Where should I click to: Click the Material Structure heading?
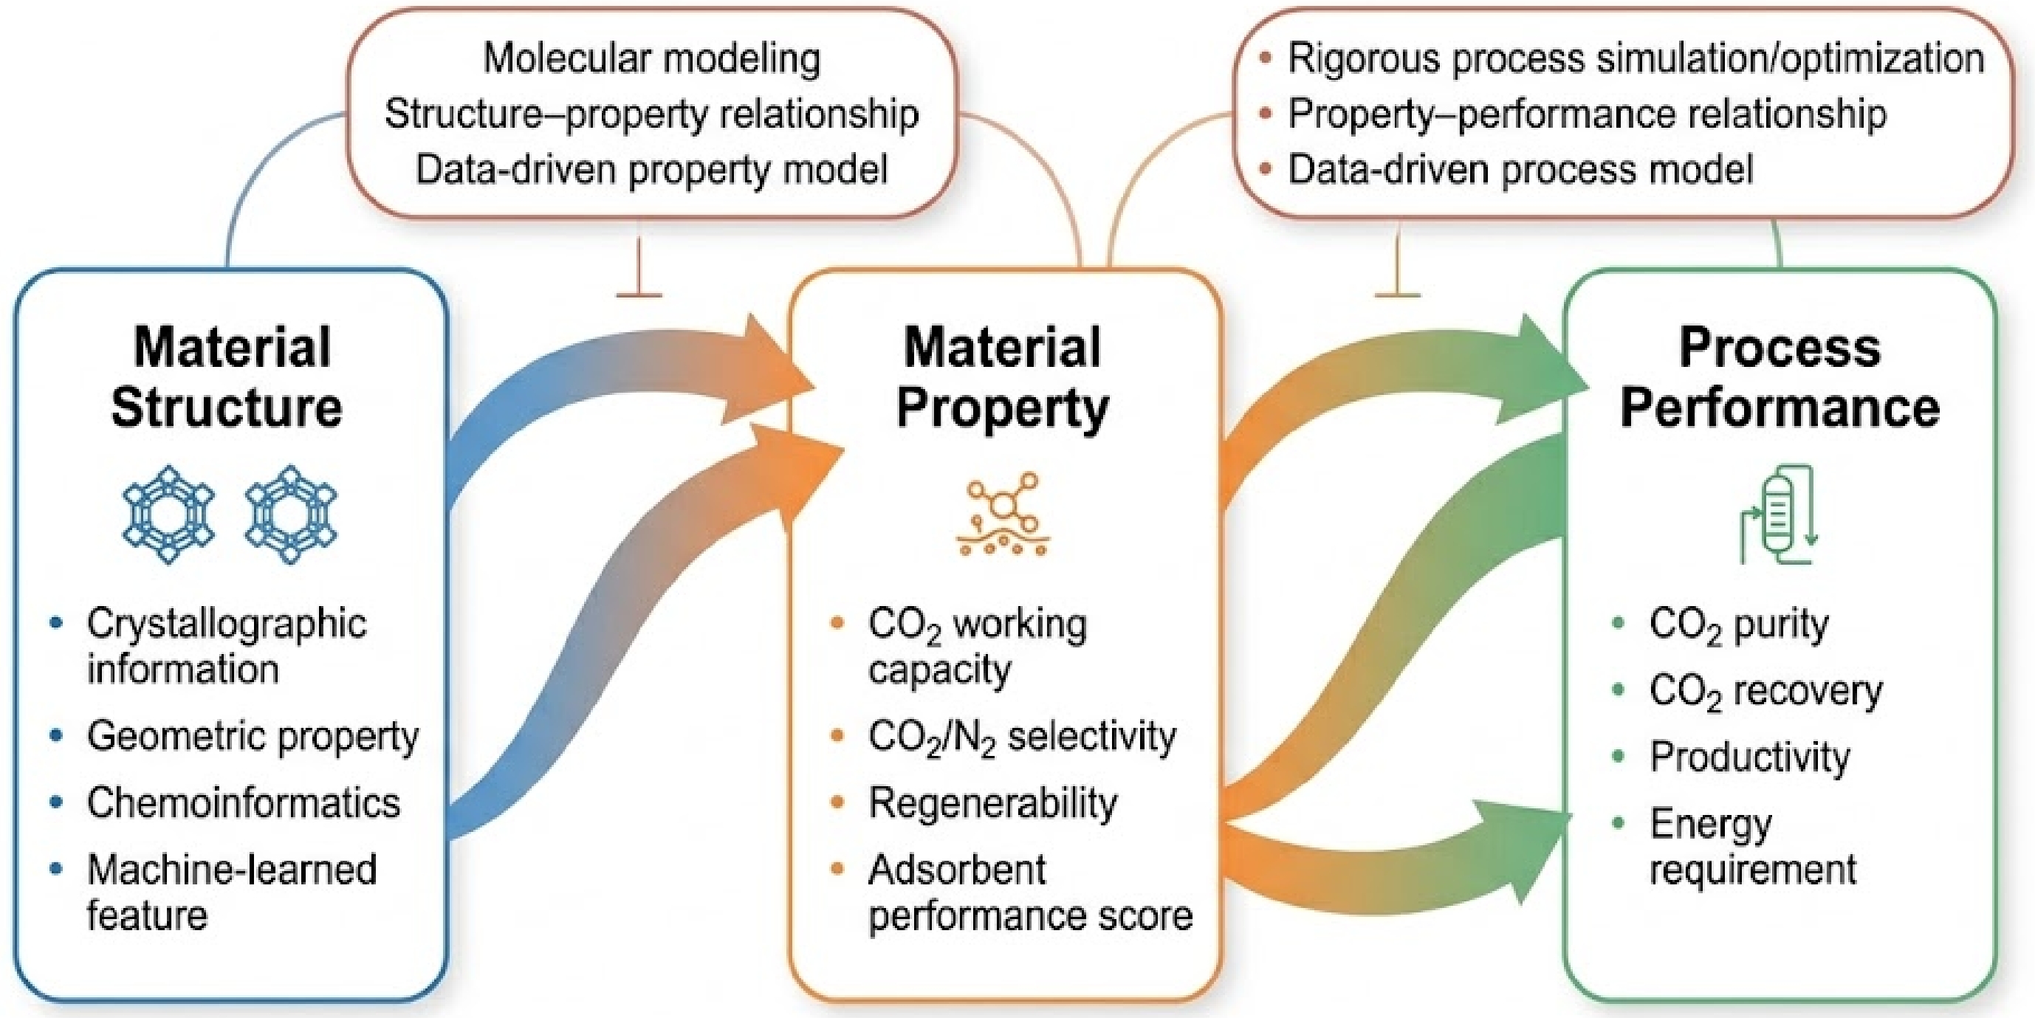point(227,377)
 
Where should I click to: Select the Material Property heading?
point(1003,377)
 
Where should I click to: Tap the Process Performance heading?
point(1780,377)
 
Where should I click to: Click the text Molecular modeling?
point(652,58)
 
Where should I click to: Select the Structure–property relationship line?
point(652,114)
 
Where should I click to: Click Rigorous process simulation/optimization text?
point(1636,58)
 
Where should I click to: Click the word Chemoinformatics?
point(244,802)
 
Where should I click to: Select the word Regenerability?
point(993,804)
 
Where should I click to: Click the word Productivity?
point(1750,757)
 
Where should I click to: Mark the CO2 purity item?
point(1739,625)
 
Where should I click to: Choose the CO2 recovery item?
point(1765,692)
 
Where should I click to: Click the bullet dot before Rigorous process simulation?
point(1266,58)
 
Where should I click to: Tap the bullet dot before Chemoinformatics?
point(56,802)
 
